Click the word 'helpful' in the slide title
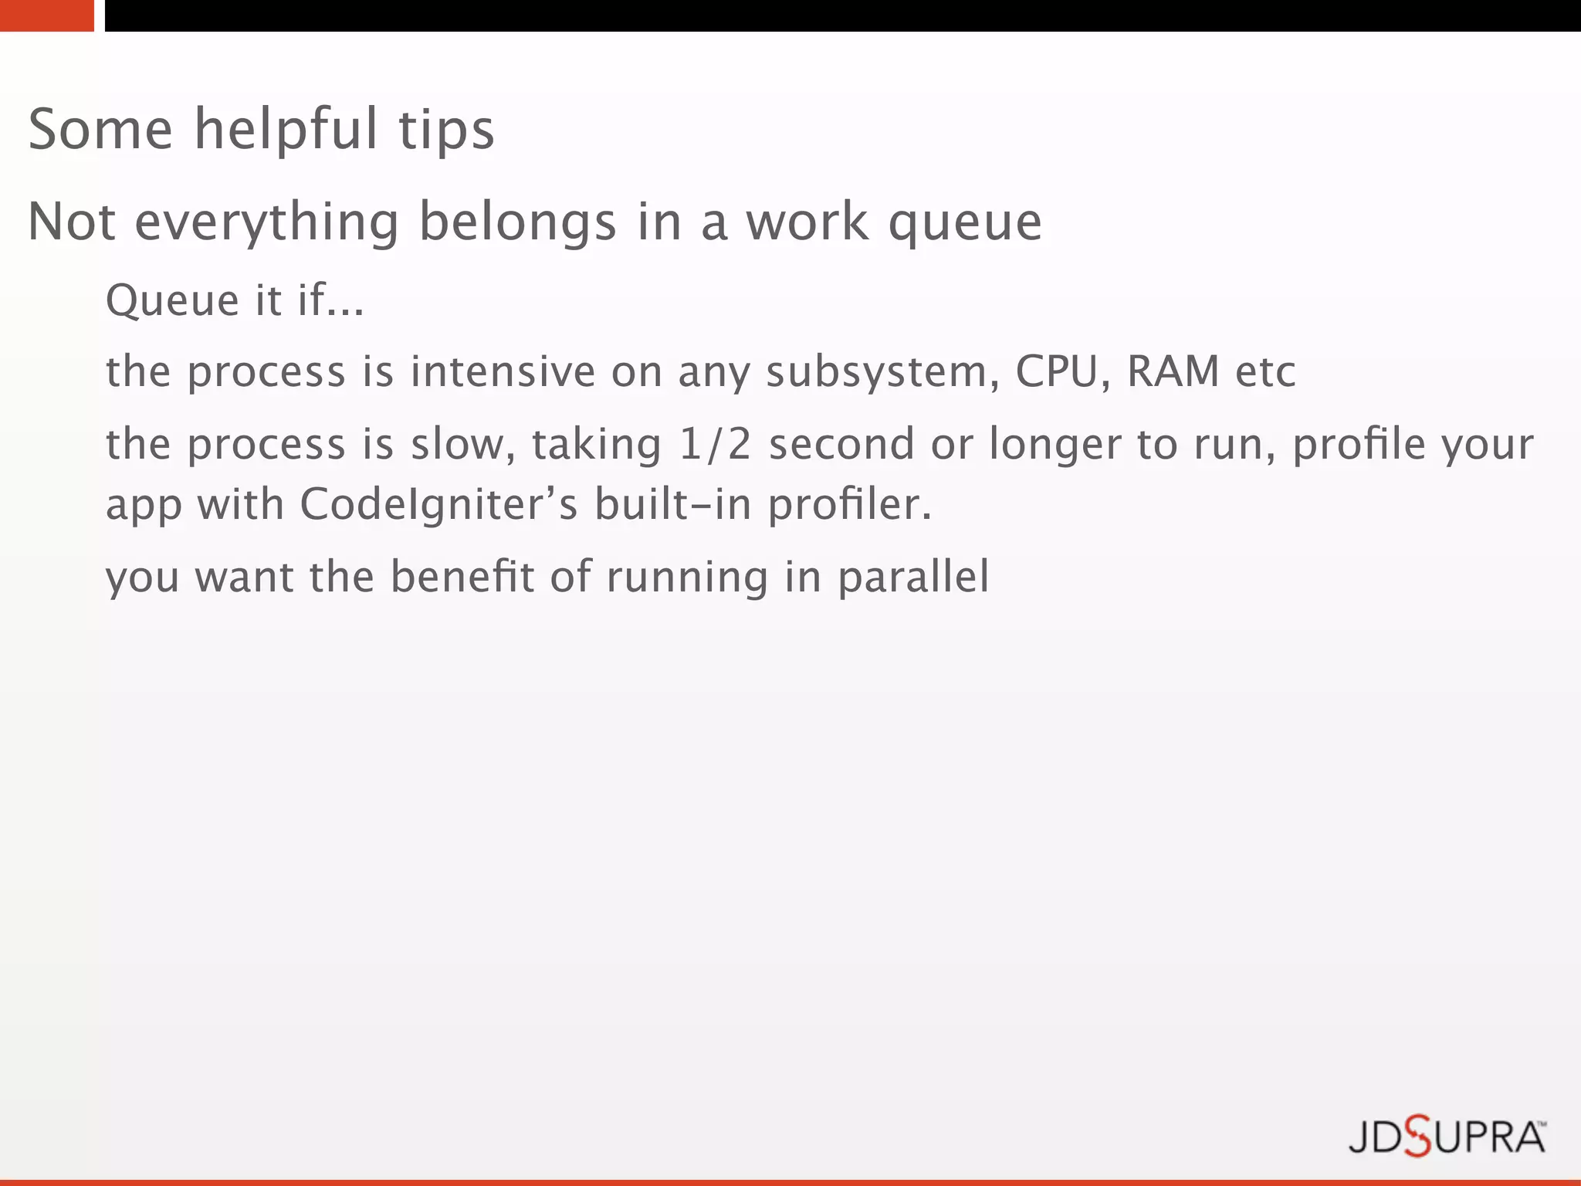[286, 129]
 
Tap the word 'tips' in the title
[446, 129]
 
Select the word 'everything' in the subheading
[267, 222]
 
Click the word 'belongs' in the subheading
[517, 222]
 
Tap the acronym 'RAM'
[1173, 371]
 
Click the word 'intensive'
[503, 371]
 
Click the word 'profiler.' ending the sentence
[850, 506]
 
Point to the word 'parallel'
[913, 578]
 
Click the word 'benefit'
[462, 576]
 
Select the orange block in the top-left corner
[46, 15]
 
